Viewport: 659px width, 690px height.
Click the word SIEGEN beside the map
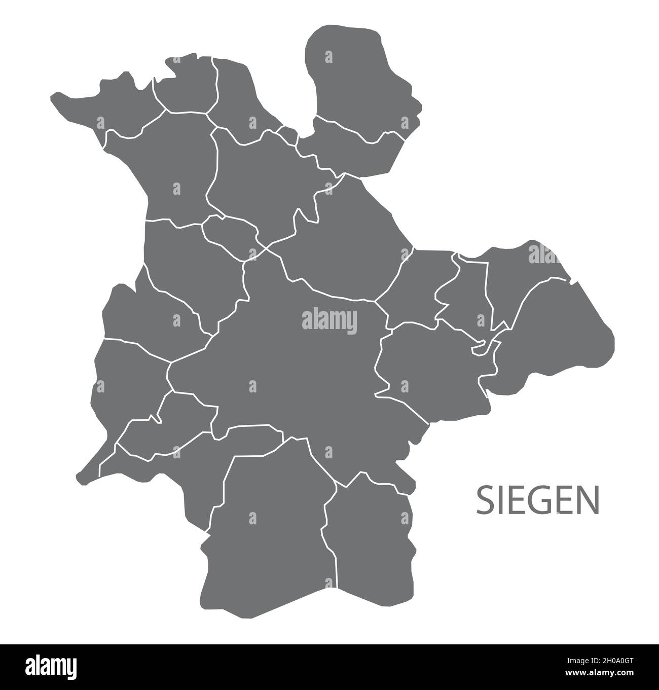[537, 500]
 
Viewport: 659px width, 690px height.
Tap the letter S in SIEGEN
[484, 500]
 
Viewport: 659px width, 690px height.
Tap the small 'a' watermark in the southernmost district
[252, 518]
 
